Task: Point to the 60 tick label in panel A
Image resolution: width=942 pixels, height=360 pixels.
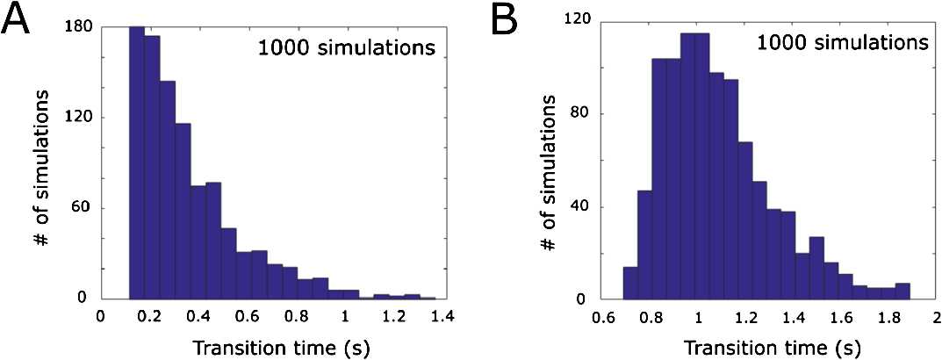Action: pos(84,208)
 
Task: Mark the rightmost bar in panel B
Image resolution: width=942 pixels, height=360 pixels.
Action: pos(902,292)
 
